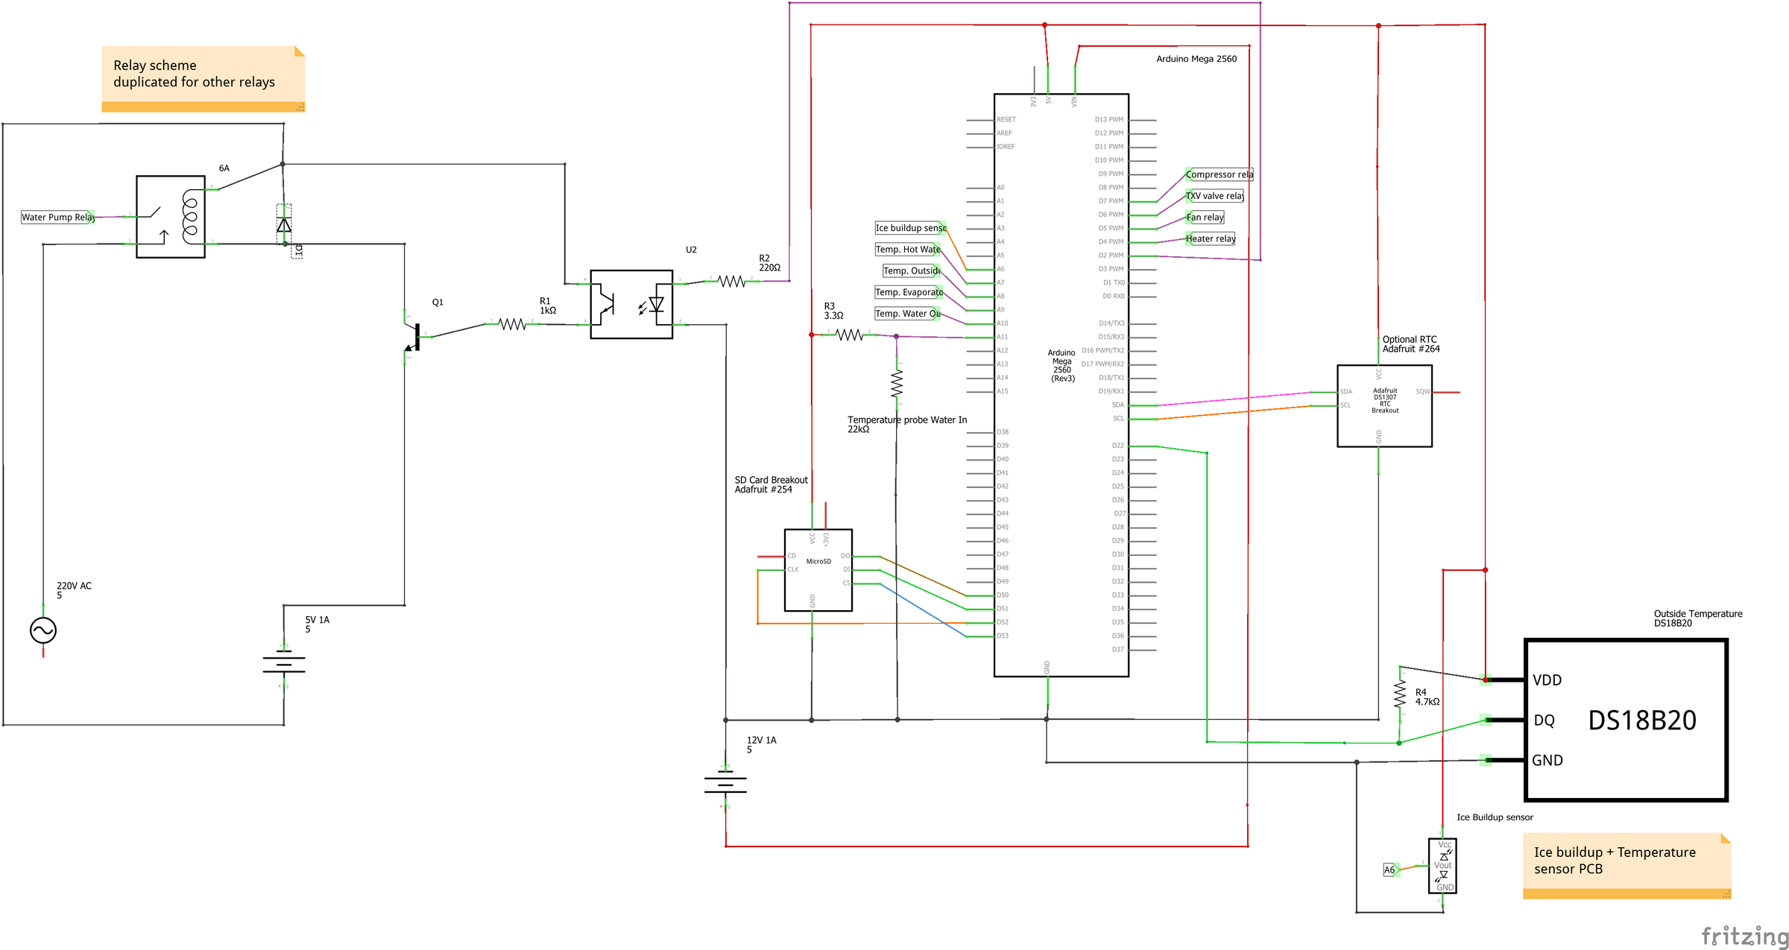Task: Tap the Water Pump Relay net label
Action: pos(57,218)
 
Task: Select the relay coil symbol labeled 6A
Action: pos(171,217)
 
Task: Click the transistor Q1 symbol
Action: pos(414,337)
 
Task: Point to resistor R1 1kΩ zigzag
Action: pos(512,324)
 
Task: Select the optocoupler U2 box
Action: pos(631,304)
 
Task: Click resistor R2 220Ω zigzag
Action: pos(731,281)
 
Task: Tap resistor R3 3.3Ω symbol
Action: pos(849,335)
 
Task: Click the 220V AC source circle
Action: pos(43,630)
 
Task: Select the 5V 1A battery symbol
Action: pos(284,662)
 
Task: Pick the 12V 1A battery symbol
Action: pos(725,783)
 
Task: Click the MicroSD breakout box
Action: pos(818,570)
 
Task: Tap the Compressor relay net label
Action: pos(1219,174)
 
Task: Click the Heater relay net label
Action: pos(1210,238)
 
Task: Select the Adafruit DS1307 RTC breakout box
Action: pos(1384,406)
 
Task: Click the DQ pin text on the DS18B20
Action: pos(1544,721)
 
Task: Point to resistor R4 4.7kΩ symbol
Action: pos(1399,694)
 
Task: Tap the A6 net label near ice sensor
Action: pos(1389,870)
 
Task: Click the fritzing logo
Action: pos(1744,935)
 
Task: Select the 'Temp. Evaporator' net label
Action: pos(908,292)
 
